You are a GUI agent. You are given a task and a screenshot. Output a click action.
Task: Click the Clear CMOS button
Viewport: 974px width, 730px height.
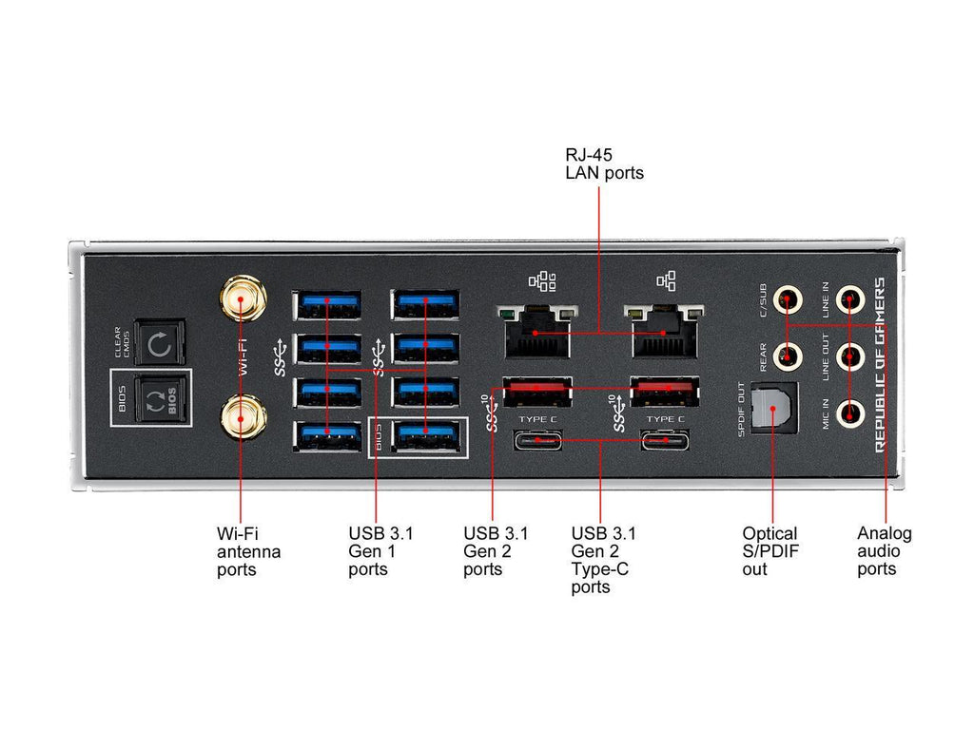(x=159, y=342)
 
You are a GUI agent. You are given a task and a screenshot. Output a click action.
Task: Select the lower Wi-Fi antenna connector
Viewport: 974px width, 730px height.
(x=241, y=416)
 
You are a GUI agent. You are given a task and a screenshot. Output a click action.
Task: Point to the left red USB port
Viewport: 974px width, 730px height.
(x=537, y=390)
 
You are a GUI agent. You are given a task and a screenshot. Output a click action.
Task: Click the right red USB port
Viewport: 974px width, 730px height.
(x=665, y=390)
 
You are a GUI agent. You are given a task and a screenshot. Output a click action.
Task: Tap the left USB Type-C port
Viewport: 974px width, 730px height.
(x=537, y=440)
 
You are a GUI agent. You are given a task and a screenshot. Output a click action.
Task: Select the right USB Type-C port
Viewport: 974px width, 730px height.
(x=665, y=440)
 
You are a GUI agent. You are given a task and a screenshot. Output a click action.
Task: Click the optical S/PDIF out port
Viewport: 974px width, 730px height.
(x=772, y=410)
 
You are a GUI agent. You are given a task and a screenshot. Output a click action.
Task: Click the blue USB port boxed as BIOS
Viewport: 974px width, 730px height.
(x=425, y=435)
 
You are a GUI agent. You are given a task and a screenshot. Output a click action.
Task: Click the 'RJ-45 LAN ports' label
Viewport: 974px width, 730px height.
(x=604, y=163)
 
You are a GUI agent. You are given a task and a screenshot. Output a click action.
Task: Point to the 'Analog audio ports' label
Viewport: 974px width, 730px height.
(x=884, y=550)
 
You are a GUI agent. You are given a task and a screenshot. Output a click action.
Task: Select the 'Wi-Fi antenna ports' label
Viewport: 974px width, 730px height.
(x=248, y=551)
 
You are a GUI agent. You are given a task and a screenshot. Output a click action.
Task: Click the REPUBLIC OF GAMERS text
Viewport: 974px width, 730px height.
(x=880, y=363)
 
